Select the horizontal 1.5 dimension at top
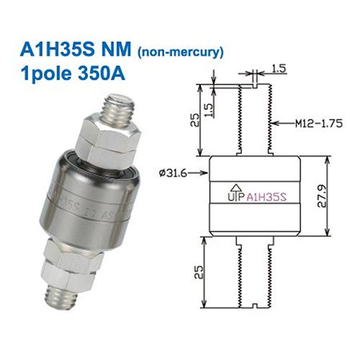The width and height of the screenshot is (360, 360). tap(279, 71)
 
